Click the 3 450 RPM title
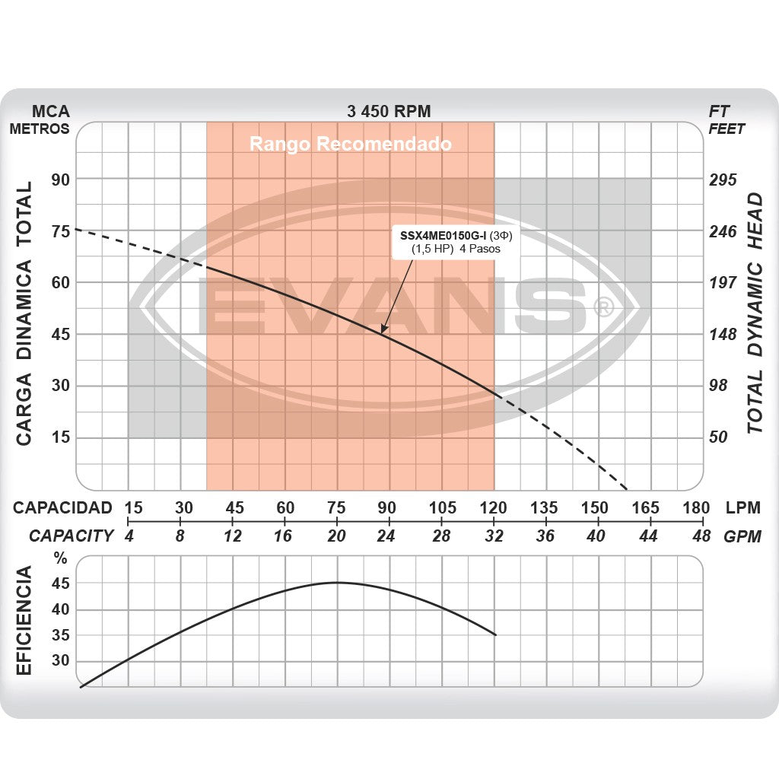(389, 111)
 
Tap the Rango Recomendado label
(351, 144)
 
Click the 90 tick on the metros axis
(60, 180)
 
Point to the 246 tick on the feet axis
(723, 231)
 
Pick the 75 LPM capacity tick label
(336, 508)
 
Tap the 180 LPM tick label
(696, 508)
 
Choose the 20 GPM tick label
(336, 536)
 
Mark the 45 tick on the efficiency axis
(61, 583)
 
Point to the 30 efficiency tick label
(61, 660)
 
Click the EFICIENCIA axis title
(24, 621)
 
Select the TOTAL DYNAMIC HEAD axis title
(754, 313)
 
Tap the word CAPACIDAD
(62, 508)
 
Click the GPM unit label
(742, 536)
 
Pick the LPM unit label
(742, 508)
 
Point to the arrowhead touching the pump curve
(383, 329)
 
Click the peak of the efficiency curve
(337, 583)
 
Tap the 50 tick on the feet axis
(720, 437)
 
